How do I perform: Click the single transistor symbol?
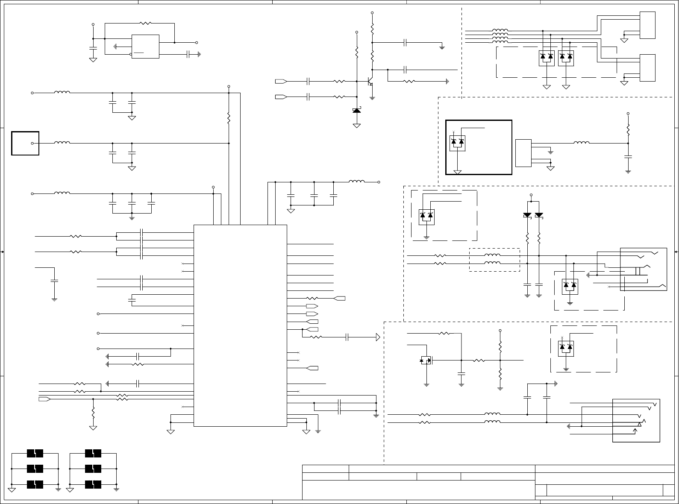tap(370, 81)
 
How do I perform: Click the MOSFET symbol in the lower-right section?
tap(426, 360)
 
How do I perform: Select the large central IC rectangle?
tap(240, 325)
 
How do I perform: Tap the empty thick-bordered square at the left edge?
tap(26, 143)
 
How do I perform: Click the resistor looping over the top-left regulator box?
tap(146, 23)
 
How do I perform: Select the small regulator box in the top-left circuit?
tap(145, 46)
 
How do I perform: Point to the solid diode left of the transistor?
tap(356, 111)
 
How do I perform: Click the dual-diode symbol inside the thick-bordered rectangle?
tap(458, 143)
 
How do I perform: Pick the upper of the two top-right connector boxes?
tap(647, 25)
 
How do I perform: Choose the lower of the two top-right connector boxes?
tap(647, 68)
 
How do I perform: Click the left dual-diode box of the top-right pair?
tap(547, 58)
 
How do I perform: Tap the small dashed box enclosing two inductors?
tap(494, 260)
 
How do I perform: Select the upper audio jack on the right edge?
tap(643, 269)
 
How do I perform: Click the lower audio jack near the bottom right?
tap(636, 420)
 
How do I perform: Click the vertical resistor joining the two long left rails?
tap(229, 118)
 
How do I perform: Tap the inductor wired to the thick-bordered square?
tap(62, 143)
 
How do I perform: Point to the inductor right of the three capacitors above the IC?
tap(357, 182)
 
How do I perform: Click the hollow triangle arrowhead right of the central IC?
tap(378, 337)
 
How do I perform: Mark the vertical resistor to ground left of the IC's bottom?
tap(93, 413)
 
